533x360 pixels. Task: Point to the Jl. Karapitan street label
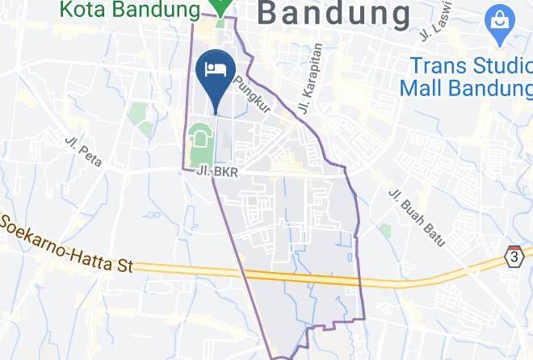(311, 78)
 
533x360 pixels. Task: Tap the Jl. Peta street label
(84, 151)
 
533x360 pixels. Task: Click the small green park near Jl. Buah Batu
(385, 232)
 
